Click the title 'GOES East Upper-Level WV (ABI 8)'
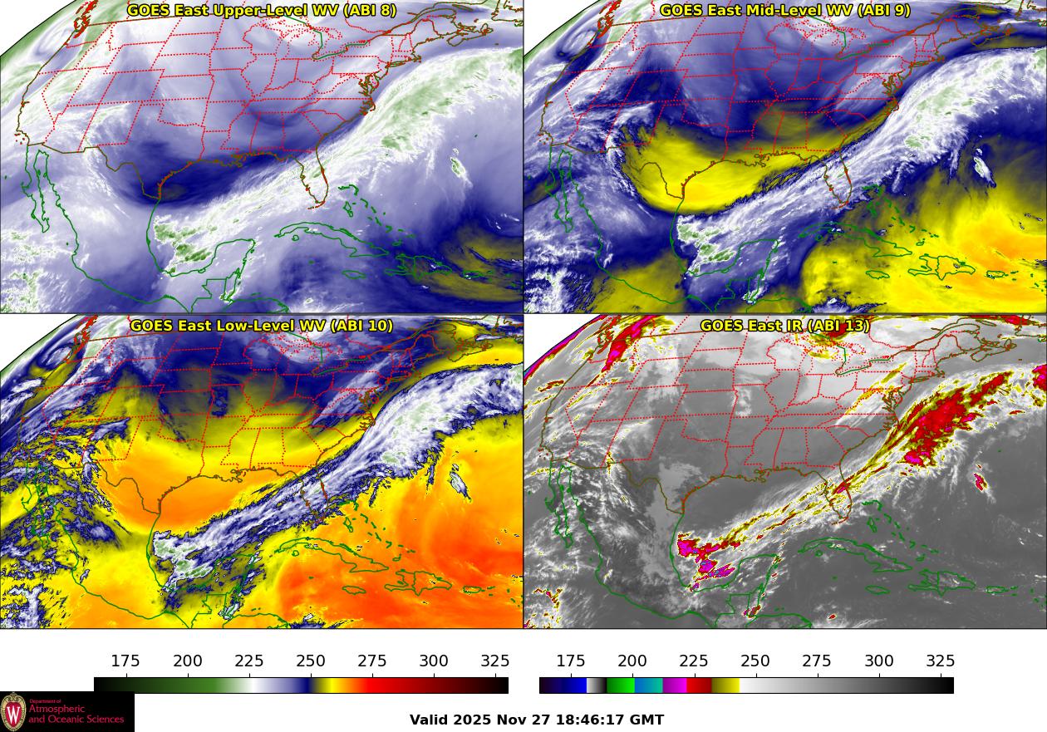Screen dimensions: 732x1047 tap(262, 11)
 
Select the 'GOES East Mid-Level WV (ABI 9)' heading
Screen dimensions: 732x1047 tap(785, 11)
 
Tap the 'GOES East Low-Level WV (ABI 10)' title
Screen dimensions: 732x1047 tap(262, 326)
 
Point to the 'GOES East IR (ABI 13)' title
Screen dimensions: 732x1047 tap(785, 326)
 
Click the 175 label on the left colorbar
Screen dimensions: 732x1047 tap(125, 661)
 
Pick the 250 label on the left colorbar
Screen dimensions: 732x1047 tap(311, 661)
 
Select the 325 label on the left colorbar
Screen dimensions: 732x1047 tap(495, 661)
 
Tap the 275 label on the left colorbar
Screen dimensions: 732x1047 tap(372, 661)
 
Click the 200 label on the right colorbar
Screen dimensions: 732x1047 tap(632, 661)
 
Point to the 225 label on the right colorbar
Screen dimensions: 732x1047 tap(694, 661)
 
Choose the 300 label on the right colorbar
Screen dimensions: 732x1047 tap(879, 661)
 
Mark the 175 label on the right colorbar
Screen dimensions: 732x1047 tap(571, 661)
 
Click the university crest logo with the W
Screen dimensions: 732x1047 tap(13, 712)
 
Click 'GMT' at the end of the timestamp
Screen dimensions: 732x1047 tap(647, 720)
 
